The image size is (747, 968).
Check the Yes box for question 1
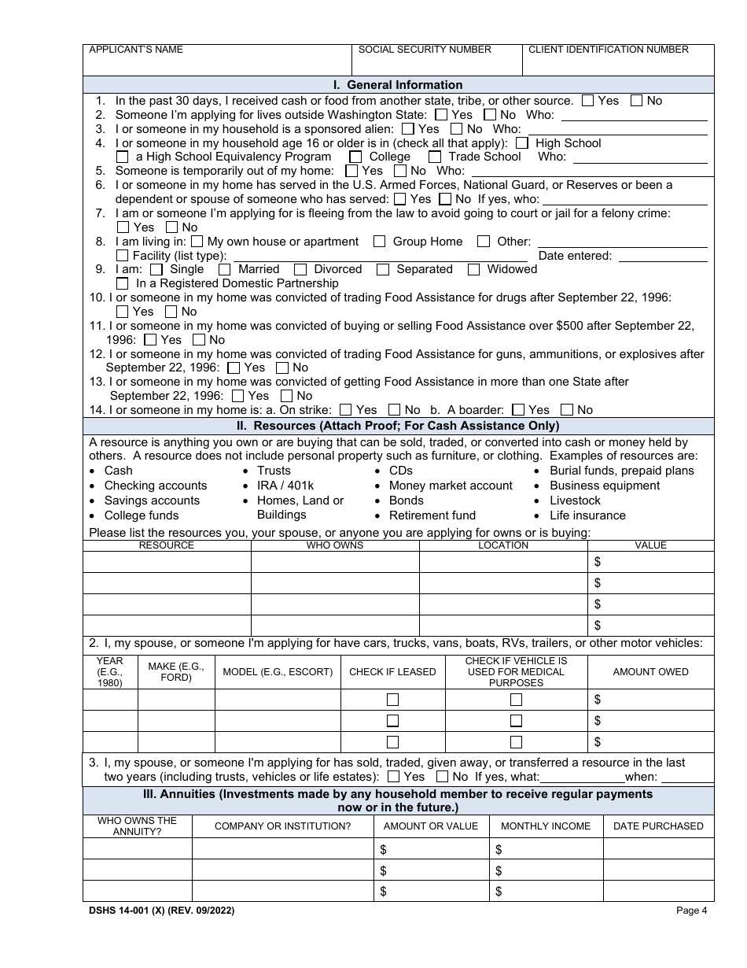pos(588,101)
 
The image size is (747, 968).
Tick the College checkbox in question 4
pos(355,157)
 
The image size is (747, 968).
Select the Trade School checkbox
pos(435,157)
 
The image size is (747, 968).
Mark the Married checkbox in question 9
pos(225,270)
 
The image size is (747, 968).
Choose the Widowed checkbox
pos(473,270)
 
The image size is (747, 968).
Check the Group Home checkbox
pos(380,242)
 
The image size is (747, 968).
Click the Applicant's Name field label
pos(136,50)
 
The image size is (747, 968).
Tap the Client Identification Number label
pos(608,50)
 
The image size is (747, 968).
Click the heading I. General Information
pos(399,85)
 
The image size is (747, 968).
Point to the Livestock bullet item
pos(575,501)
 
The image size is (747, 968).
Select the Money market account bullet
pos(451,486)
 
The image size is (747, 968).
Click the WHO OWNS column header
pos(335,545)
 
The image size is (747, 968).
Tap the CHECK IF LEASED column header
pos(392,672)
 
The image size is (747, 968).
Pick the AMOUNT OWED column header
pos(650,672)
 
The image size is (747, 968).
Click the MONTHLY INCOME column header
pos(546,826)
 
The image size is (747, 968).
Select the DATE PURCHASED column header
pos(658,826)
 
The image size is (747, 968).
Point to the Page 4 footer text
pos(692,911)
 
